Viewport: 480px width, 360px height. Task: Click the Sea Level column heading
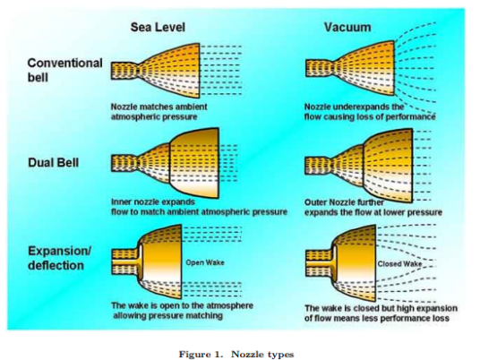(x=158, y=27)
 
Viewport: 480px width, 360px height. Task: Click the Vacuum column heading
(x=347, y=27)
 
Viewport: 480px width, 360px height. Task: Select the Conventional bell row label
(x=64, y=70)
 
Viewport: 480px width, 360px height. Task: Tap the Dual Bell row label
(x=53, y=162)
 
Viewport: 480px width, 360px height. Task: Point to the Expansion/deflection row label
(x=60, y=258)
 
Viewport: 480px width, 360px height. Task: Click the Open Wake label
(x=205, y=262)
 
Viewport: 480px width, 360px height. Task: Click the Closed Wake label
(x=399, y=264)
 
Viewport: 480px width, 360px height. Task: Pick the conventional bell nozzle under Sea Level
(x=156, y=71)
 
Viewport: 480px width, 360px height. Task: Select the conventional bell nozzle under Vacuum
(x=350, y=68)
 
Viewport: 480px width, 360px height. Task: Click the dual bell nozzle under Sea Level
(x=165, y=163)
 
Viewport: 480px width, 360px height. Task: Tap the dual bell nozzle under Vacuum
(x=359, y=166)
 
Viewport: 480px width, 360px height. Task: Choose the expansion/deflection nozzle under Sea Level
(x=147, y=261)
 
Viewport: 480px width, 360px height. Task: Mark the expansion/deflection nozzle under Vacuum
(x=340, y=263)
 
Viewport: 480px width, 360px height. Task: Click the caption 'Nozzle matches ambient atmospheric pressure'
(x=159, y=112)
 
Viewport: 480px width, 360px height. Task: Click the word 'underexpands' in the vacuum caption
(x=360, y=107)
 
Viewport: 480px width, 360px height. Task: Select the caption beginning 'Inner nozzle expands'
(x=199, y=207)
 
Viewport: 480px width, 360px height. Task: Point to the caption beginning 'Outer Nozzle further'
(x=373, y=208)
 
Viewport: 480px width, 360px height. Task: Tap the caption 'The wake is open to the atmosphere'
(x=182, y=311)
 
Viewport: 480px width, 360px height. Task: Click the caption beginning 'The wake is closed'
(x=381, y=313)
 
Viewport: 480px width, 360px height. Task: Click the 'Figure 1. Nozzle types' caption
(x=236, y=355)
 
